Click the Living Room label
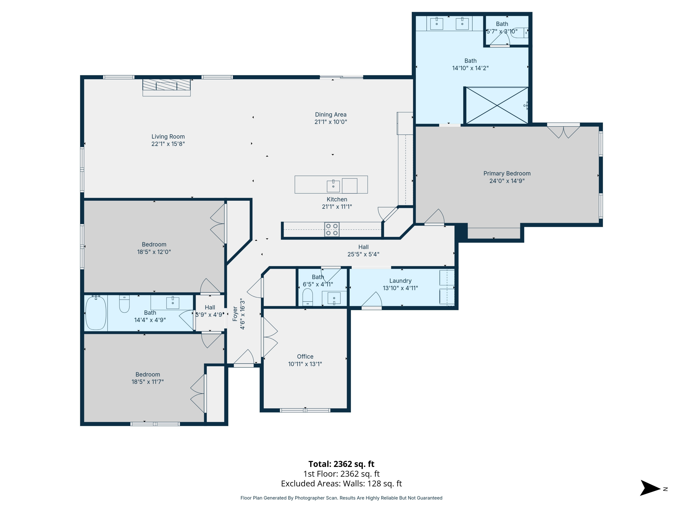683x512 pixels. coord(168,136)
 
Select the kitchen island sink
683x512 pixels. coord(333,186)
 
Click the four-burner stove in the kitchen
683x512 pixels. coord(332,230)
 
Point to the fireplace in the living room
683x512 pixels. coord(166,85)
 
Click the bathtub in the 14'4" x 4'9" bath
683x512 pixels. coord(96,313)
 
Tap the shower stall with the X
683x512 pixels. coord(497,106)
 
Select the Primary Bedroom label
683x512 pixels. coord(507,173)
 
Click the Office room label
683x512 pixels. coord(305,356)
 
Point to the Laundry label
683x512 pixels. coord(400,281)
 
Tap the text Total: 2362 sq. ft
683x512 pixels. coord(341,464)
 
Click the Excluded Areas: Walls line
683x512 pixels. coord(341,484)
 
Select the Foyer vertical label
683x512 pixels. coord(235,314)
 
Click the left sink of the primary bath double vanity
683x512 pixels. coord(437,24)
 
